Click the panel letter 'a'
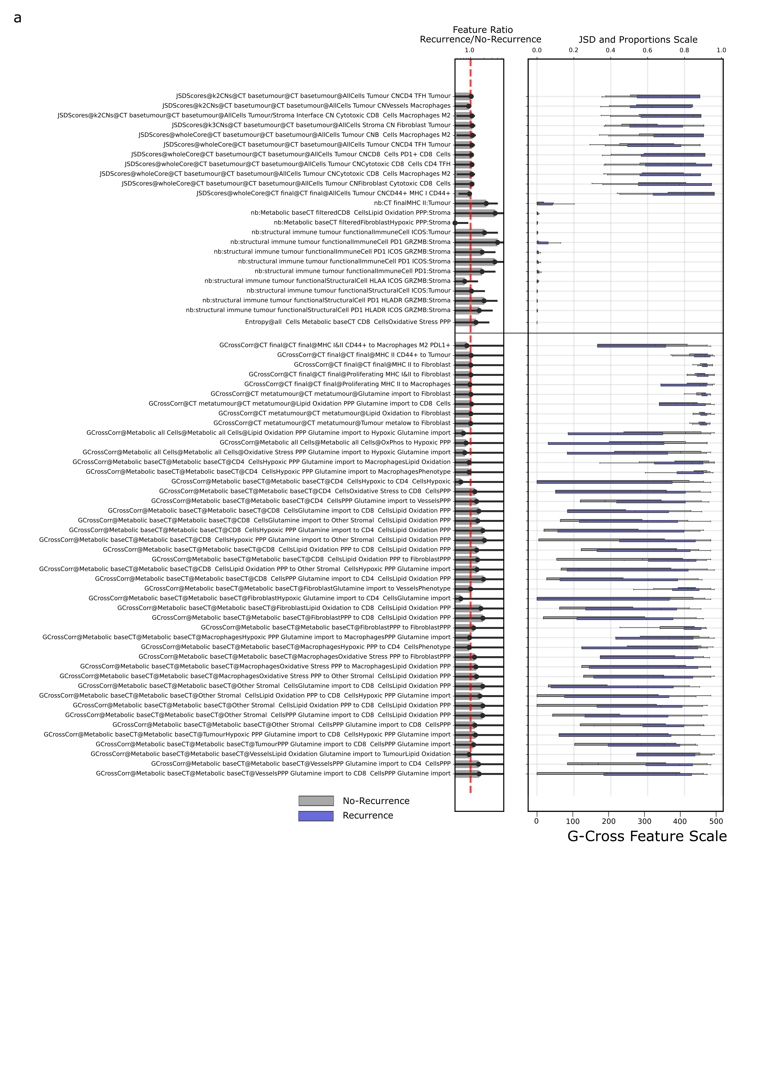(17, 18)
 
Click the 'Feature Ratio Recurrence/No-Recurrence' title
(480, 35)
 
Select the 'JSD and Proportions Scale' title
(638, 40)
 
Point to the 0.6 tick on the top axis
(647, 50)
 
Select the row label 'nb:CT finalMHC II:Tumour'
(412, 203)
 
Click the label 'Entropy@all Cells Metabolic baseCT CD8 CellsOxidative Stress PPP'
(348, 322)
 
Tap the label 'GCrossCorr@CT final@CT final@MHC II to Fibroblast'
(372, 365)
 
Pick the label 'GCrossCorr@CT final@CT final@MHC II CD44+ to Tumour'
(363, 355)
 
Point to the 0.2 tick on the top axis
(574, 50)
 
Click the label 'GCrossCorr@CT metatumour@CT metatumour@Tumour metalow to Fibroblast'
(332, 423)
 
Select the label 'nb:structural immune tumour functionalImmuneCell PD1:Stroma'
(352, 271)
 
